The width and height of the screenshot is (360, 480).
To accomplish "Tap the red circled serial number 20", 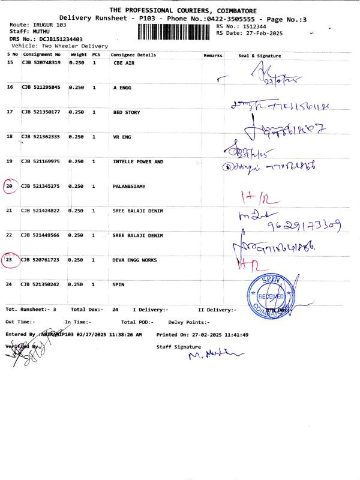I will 10,187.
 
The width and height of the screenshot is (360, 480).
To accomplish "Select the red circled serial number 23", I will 10,260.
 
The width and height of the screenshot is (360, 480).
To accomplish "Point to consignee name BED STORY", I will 127,112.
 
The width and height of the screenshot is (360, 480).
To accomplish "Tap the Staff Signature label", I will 178,347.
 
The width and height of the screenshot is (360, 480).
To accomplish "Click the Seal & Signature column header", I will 260,55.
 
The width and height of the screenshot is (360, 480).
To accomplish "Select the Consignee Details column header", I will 133,55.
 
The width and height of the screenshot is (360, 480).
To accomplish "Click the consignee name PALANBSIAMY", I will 129,187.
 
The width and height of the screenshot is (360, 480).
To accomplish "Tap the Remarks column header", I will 213,55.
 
